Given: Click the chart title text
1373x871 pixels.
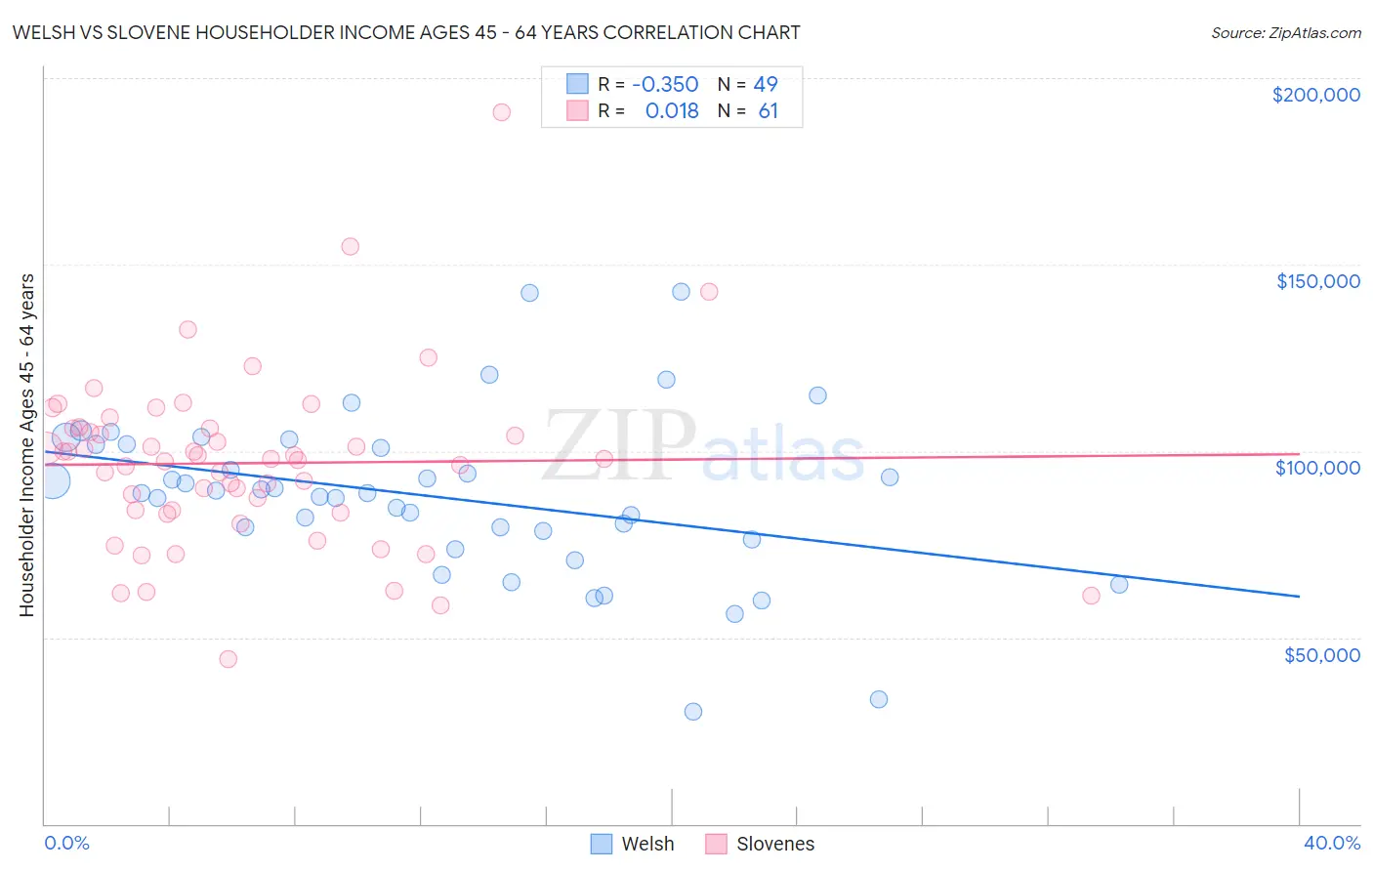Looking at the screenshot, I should point(406,33).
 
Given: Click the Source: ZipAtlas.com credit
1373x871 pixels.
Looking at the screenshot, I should point(1285,33).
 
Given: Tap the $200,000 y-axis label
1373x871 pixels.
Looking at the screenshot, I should point(1315,95).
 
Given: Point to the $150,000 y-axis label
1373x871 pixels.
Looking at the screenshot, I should point(1317,281).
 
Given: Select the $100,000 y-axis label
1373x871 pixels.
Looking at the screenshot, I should point(1317,468).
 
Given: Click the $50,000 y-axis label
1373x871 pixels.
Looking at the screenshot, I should point(1321,654).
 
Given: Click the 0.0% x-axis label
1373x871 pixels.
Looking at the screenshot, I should point(66,843).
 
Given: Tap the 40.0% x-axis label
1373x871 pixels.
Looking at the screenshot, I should point(1331,843).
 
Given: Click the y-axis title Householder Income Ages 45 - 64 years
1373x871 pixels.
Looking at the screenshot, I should point(27,445).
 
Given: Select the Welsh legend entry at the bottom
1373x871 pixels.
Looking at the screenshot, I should point(632,844).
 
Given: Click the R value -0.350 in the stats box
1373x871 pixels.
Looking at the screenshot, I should point(665,85).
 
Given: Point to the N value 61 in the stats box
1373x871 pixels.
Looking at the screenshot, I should point(768,111).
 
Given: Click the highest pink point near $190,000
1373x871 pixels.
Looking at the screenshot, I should point(501,112).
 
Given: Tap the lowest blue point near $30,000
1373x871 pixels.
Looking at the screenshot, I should point(693,712).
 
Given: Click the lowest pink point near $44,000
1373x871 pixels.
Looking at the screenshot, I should point(229,659).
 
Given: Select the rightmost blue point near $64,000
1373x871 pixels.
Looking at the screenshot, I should point(1119,585).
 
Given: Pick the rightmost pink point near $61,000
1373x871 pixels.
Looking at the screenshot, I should point(1092,596).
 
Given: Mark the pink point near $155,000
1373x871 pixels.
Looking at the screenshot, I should point(350,247).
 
